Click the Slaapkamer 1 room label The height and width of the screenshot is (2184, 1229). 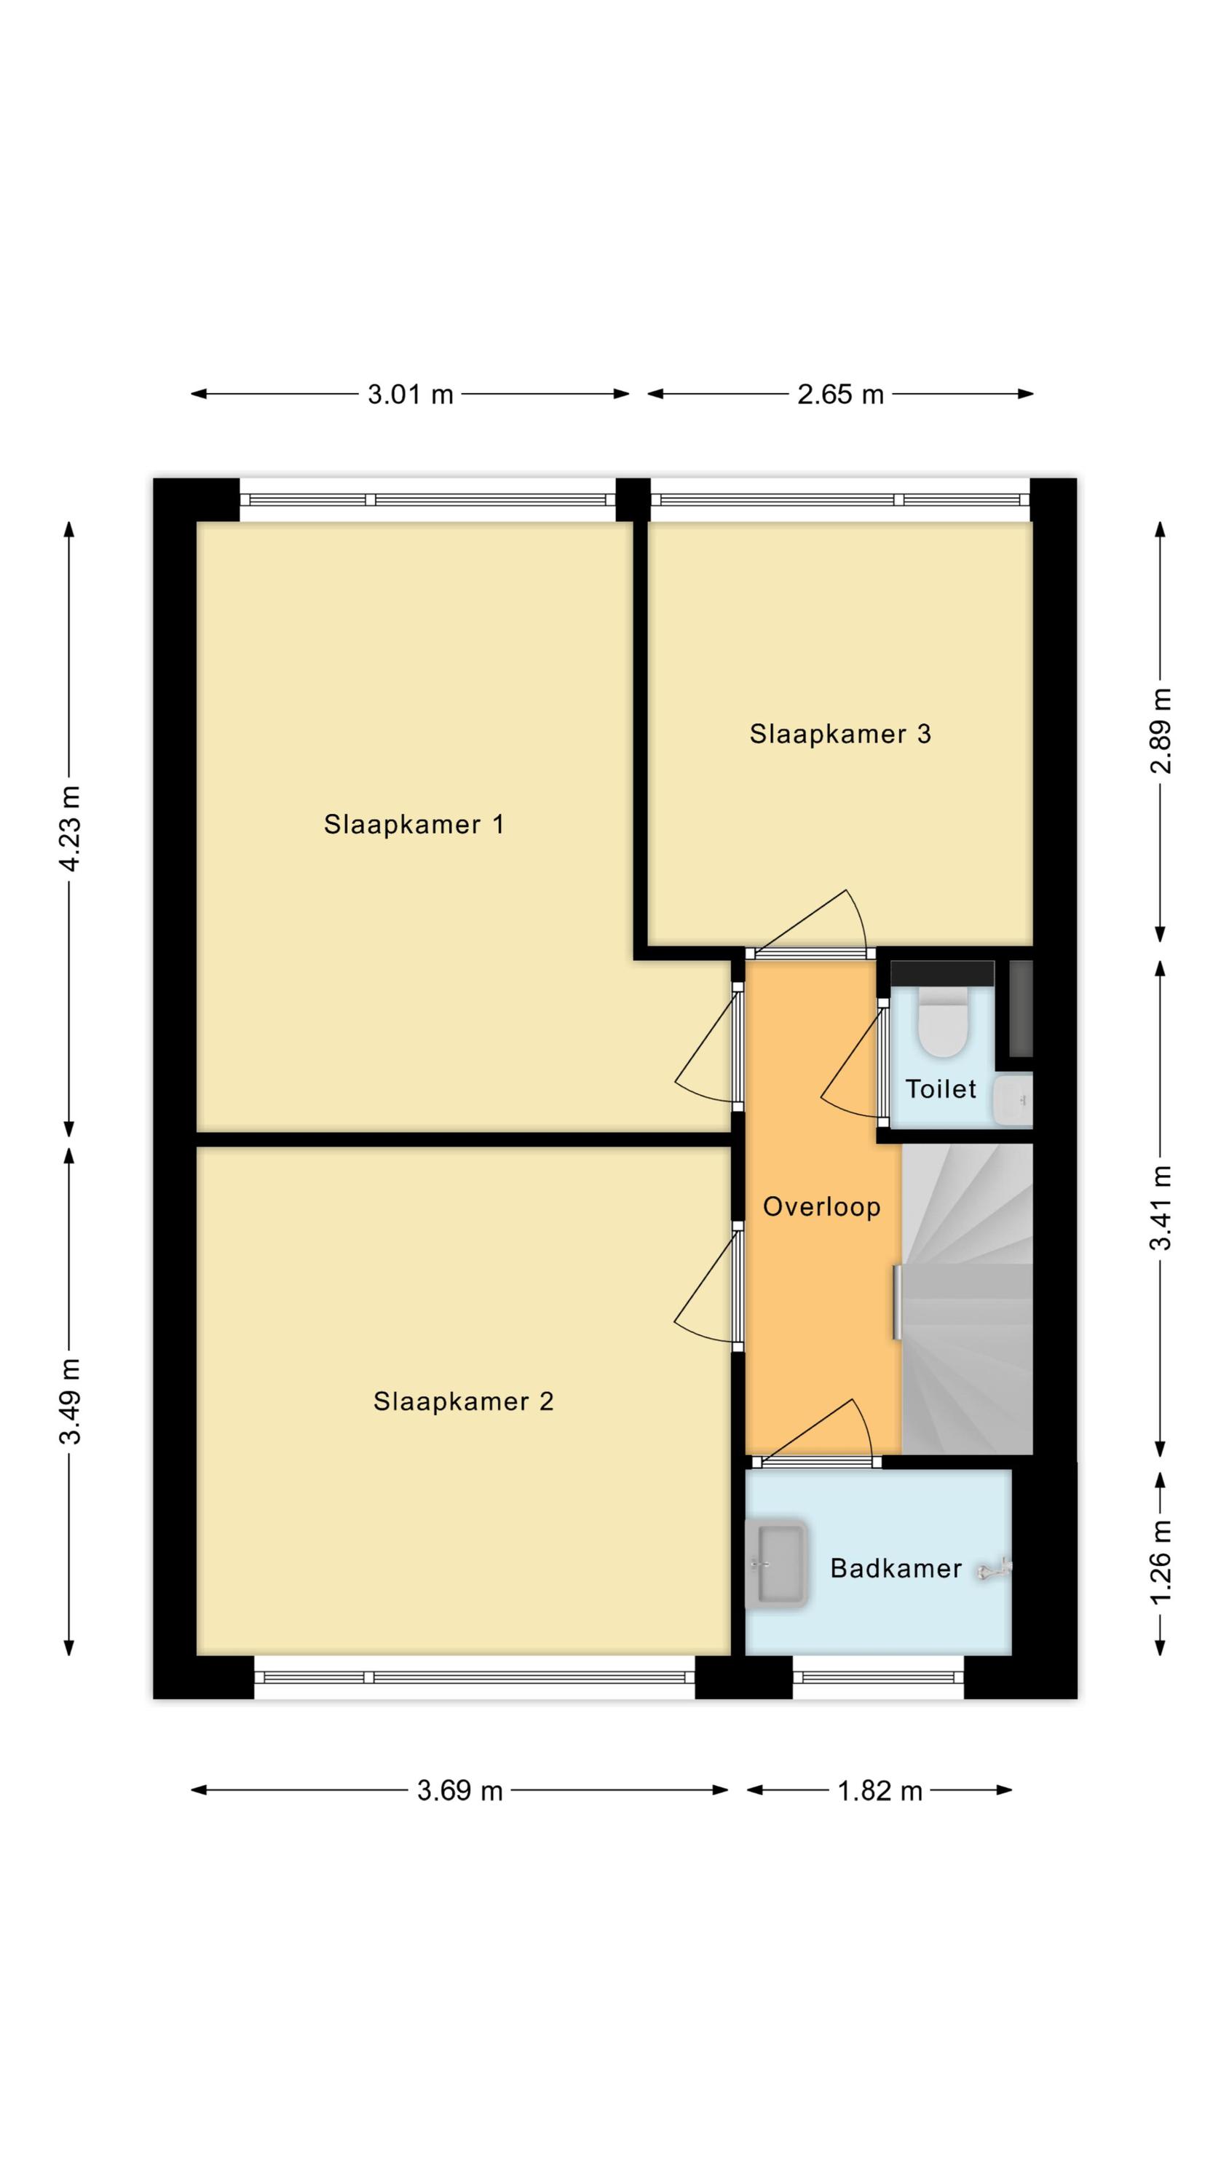(x=414, y=824)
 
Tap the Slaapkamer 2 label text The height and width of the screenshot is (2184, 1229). (x=463, y=1401)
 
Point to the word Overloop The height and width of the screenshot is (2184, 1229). (x=821, y=1207)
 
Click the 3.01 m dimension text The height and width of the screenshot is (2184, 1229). (x=411, y=395)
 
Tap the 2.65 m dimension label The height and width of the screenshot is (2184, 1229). (x=840, y=395)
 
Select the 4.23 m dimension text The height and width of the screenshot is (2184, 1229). (x=70, y=828)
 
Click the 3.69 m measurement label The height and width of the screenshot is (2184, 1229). (x=459, y=1791)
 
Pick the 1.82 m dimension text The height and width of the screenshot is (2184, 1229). (x=880, y=1791)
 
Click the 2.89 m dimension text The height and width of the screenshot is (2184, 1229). (x=1161, y=731)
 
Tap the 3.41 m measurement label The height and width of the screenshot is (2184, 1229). (x=1161, y=1207)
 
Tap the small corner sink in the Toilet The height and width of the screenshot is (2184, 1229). (x=1013, y=1101)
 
